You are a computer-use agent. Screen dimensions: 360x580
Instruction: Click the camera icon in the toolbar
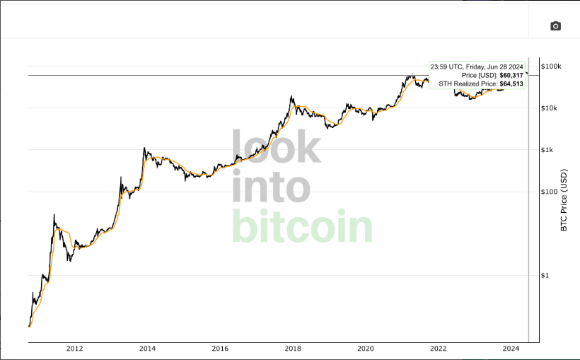[555, 26]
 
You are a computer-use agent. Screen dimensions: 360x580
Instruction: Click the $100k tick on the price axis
[551, 66]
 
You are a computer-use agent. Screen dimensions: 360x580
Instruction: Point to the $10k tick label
[550, 108]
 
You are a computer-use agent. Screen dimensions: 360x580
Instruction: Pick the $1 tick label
[545, 275]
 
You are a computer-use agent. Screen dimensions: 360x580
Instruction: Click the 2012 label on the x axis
[74, 349]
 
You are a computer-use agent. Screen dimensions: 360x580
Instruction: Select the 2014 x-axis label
[147, 349]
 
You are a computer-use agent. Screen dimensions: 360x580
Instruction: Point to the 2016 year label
[220, 349]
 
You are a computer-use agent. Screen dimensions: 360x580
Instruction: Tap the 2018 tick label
[293, 349]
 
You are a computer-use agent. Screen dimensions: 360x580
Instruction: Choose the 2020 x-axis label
[366, 349]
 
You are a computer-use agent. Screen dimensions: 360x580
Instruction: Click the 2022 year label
[439, 349]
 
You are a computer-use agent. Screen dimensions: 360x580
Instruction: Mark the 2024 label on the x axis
[511, 349]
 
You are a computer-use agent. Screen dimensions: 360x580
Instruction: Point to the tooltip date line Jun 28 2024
[477, 66]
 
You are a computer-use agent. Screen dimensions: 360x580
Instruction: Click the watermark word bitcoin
[302, 226]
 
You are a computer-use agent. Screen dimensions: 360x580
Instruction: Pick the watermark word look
[277, 148]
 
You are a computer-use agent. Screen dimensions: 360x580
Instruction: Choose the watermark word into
[271, 187]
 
